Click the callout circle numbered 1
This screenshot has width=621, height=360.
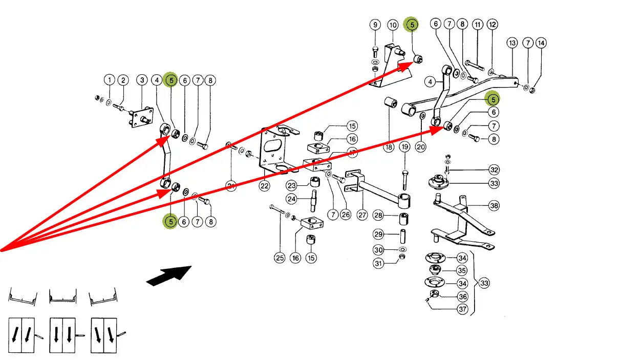109,80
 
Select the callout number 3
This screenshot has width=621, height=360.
142,80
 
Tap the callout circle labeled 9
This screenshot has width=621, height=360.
375,25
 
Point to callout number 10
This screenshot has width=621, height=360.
393,25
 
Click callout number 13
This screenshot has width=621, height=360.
512,43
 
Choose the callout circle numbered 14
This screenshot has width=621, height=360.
541,43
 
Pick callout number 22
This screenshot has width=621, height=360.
264,186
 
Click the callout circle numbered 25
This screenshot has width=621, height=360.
280,258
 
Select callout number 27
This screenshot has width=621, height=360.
362,215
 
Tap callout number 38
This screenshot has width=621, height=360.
494,206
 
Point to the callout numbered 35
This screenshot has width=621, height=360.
462,270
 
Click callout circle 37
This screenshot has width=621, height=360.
462,309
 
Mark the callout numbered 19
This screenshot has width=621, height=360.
404,147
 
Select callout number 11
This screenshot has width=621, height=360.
478,24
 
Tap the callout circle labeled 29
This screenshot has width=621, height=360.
378,235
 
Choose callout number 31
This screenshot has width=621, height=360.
378,264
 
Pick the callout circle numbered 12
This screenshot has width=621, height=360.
492,24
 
